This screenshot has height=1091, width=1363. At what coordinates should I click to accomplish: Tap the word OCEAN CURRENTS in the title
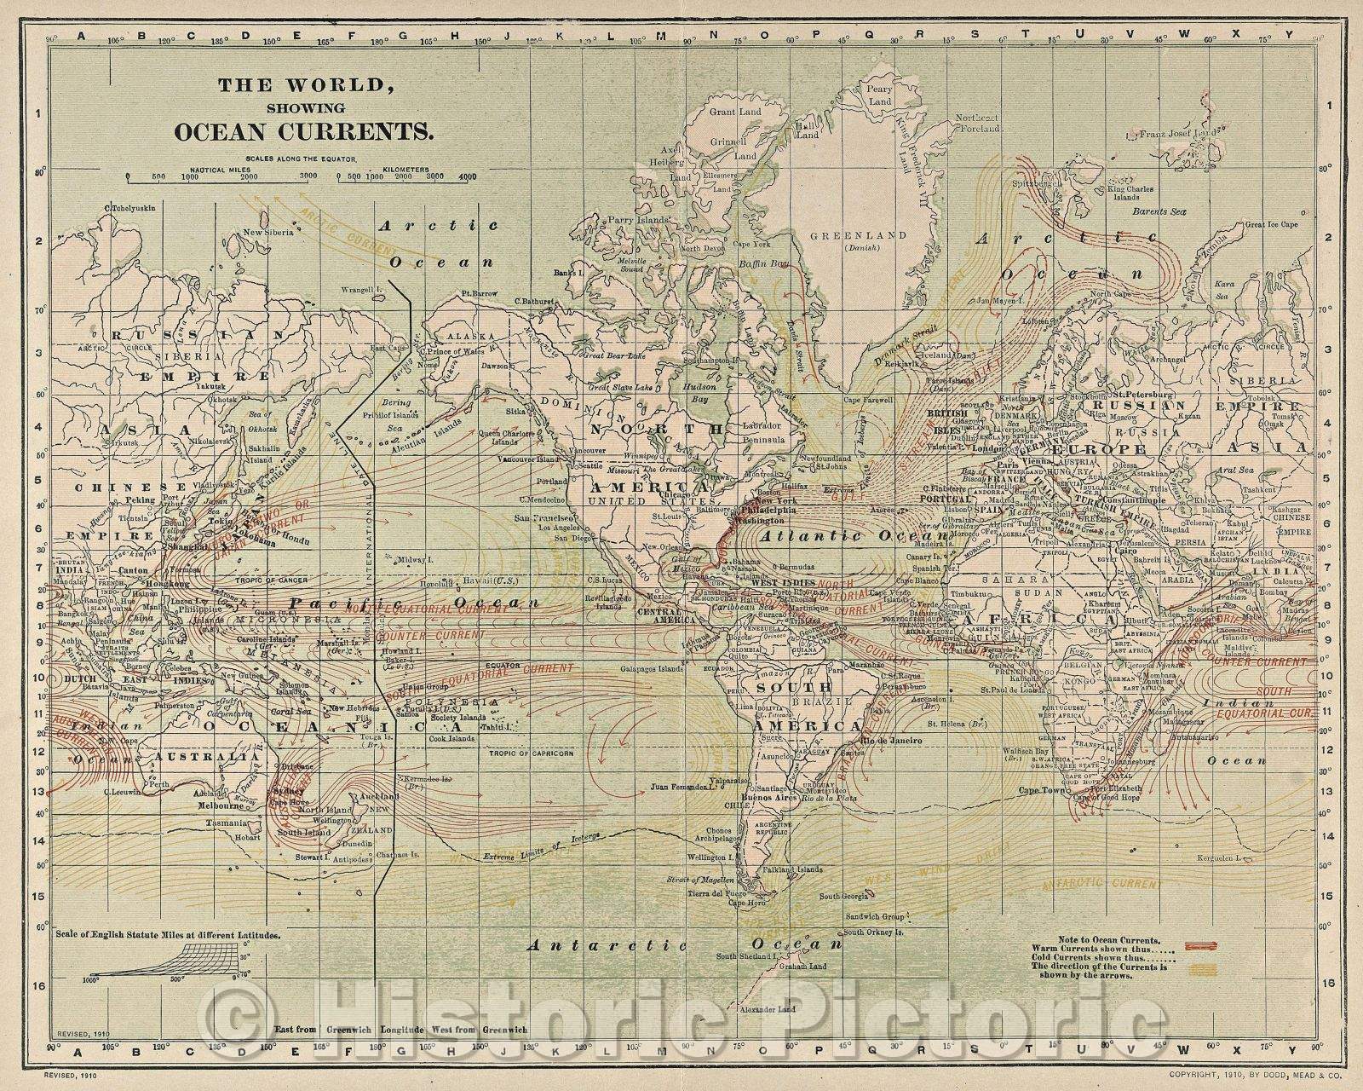point(303,132)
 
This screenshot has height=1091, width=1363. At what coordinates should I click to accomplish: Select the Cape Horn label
point(739,903)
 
